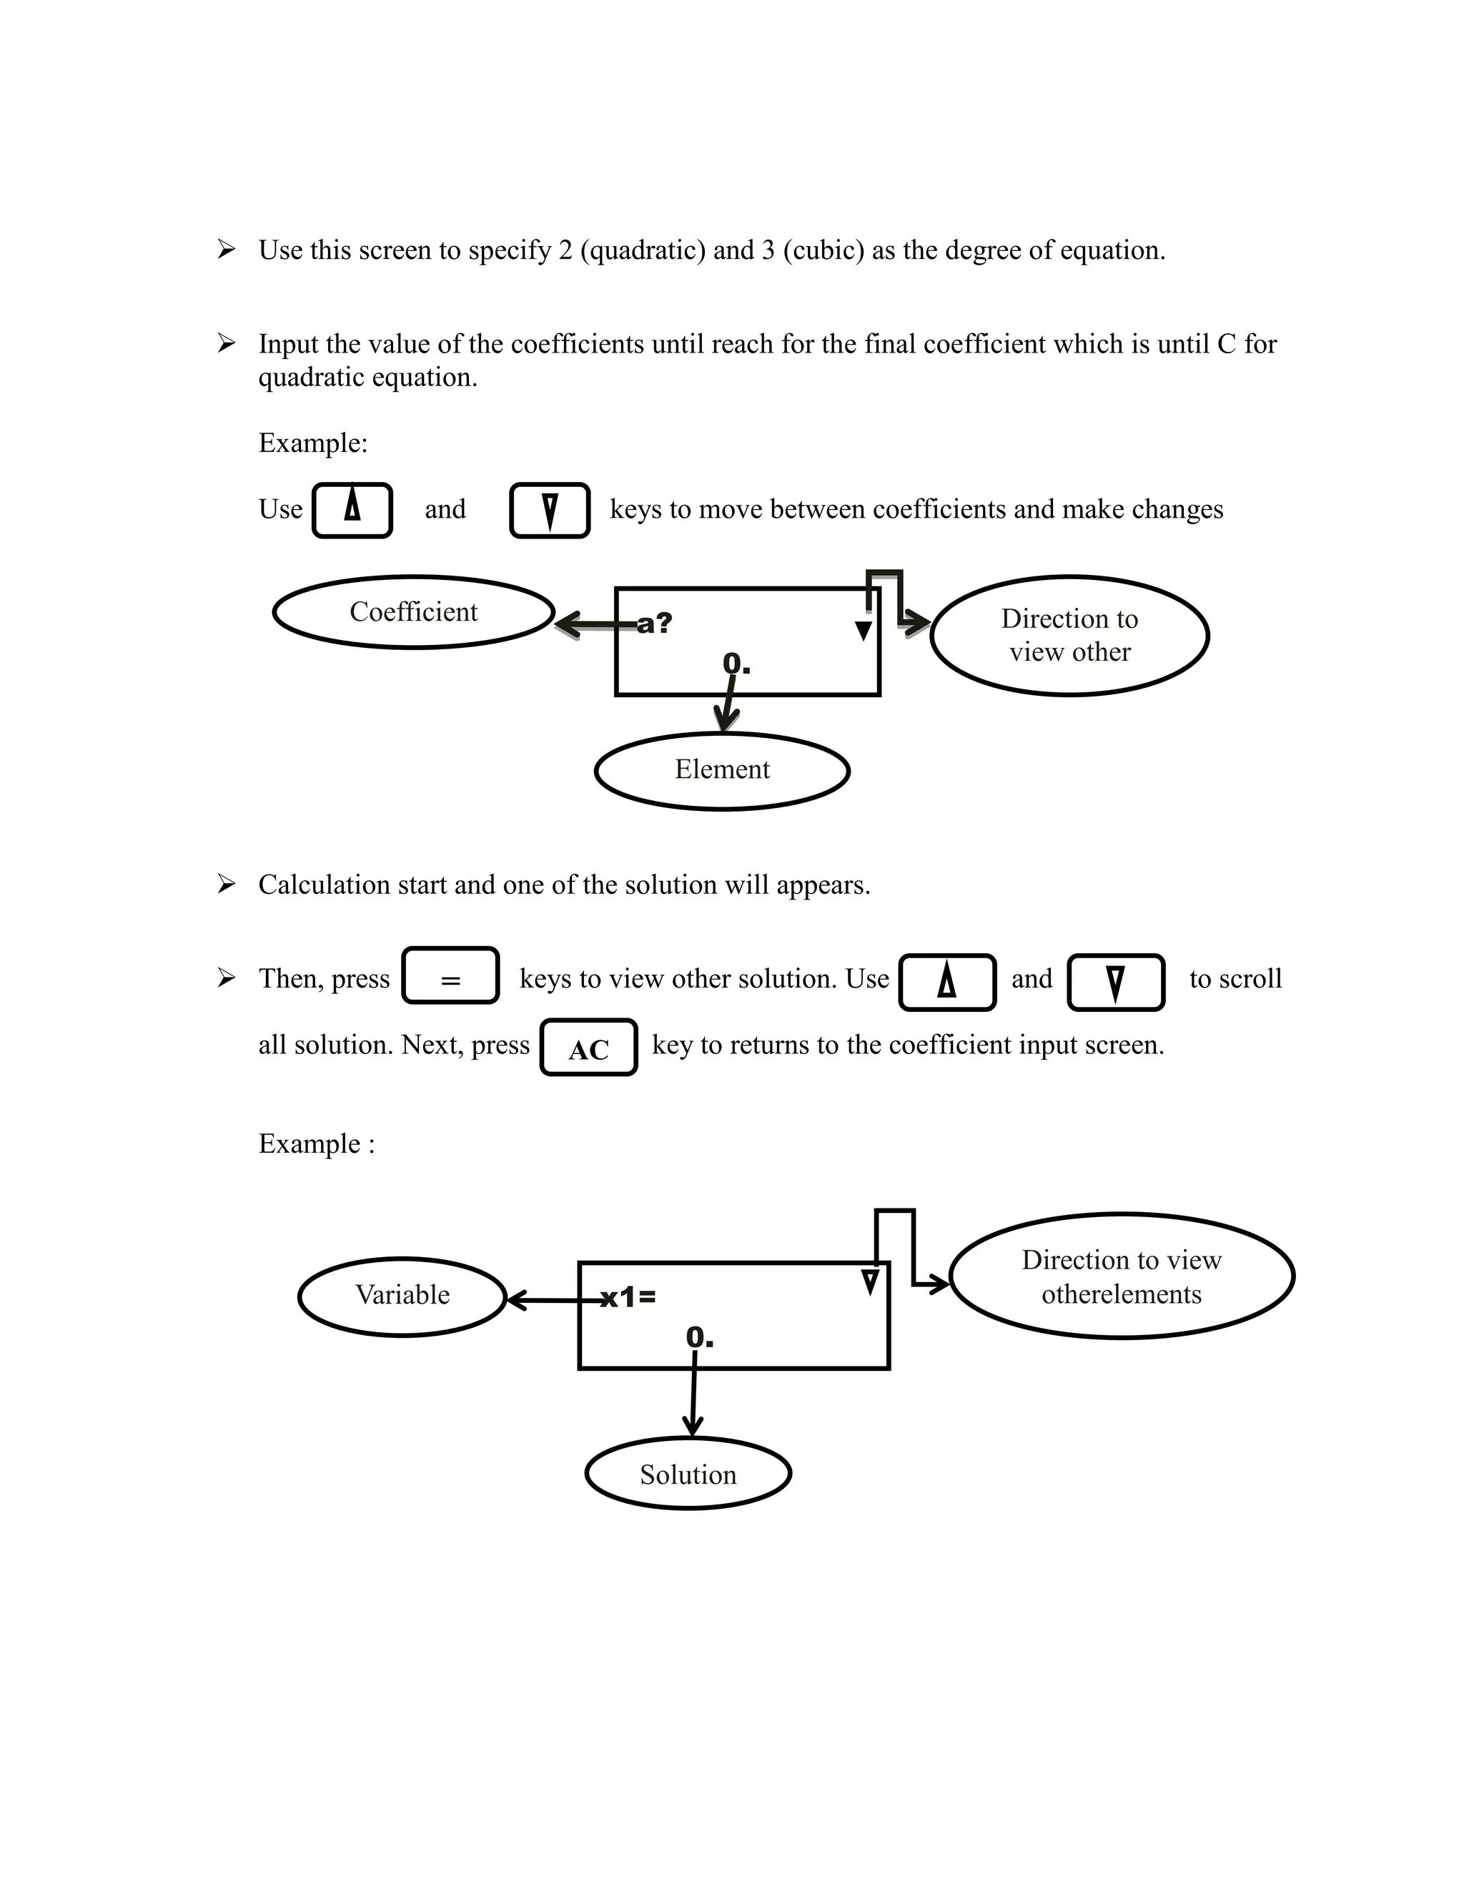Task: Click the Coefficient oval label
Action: pyautogui.click(x=414, y=611)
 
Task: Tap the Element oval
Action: pyautogui.click(x=721, y=770)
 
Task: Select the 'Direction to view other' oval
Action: pyautogui.click(x=1069, y=635)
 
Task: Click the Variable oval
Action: pyautogui.click(x=402, y=1296)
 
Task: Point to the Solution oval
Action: pyautogui.click(x=688, y=1475)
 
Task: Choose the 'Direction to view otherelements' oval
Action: pyautogui.click(x=1122, y=1277)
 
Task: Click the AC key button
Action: pyautogui.click(x=589, y=1048)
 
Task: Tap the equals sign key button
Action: pyautogui.click(x=450, y=976)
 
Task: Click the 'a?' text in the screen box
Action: pyautogui.click(x=655, y=623)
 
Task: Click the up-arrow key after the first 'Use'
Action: pyautogui.click(x=352, y=510)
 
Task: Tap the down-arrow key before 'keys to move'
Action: pyautogui.click(x=550, y=510)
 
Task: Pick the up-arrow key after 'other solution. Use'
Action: pyautogui.click(x=947, y=983)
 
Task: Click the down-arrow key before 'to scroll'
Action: pyautogui.click(x=1115, y=983)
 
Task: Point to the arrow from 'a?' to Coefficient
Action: pyautogui.click(x=594, y=624)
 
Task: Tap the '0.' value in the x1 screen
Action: pyautogui.click(x=699, y=1338)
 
